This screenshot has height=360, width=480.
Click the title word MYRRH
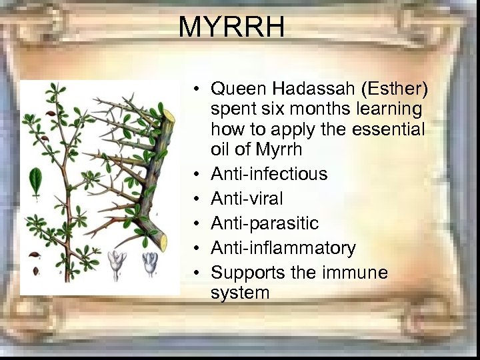coord(231,27)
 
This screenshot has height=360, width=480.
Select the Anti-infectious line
coord(269,174)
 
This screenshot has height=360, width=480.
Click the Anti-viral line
coord(247,199)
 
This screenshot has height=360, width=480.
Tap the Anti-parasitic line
coord(265,223)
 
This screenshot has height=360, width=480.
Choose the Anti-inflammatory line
coord(283,248)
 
